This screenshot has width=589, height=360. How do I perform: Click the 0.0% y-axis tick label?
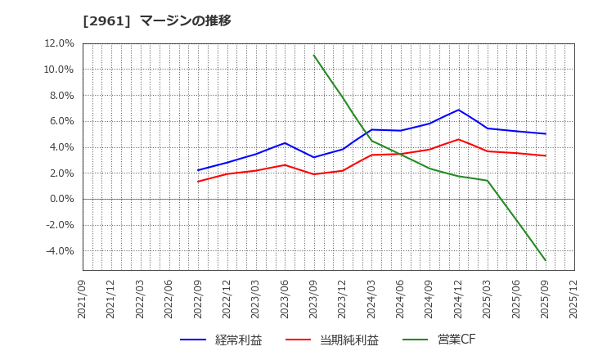click(x=61, y=199)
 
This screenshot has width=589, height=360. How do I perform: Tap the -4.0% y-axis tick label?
click(x=58, y=251)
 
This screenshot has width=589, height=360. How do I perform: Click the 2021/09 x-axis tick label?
click(x=83, y=299)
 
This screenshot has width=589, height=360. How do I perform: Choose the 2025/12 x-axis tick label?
click(x=573, y=299)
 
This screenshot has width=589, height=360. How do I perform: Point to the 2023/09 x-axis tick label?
click(x=313, y=299)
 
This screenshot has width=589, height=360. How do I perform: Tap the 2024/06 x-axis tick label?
click(x=400, y=299)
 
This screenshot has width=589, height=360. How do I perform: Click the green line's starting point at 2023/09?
click(x=313, y=55)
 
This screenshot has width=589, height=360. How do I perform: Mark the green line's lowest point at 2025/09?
click(x=545, y=261)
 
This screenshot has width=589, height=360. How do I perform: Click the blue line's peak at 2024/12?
click(x=458, y=110)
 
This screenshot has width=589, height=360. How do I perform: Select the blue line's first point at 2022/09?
click(x=198, y=170)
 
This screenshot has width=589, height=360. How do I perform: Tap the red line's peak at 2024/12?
click(x=458, y=139)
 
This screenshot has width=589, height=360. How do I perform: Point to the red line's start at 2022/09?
click(x=198, y=182)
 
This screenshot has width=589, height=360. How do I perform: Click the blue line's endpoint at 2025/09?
click(x=545, y=133)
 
